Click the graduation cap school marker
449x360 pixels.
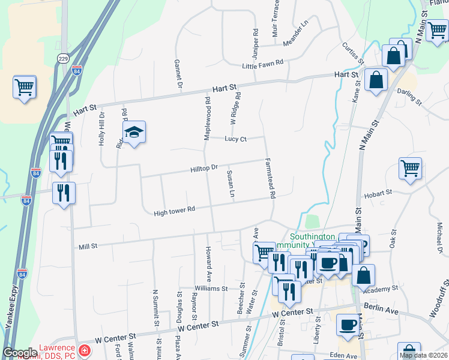pyautogui.click(x=134, y=133)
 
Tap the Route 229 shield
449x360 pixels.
pyautogui.click(x=64, y=58)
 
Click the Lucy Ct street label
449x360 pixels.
pyautogui.click(x=235, y=139)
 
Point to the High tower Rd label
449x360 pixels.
pyautogui.click(x=175, y=211)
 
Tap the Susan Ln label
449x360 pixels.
pyautogui.click(x=230, y=184)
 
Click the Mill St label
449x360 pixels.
pyautogui.click(x=88, y=247)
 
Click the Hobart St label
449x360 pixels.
pyautogui.click(x=378, y=193)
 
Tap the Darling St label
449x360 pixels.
pyautogui.click(x=410, y=92)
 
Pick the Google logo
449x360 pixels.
pyautogui.click(x=20, y=352)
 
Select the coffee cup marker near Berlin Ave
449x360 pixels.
pyautogui.click(x=347, y=325)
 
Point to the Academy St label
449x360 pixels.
pyautogui.click(x=384, y=289)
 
